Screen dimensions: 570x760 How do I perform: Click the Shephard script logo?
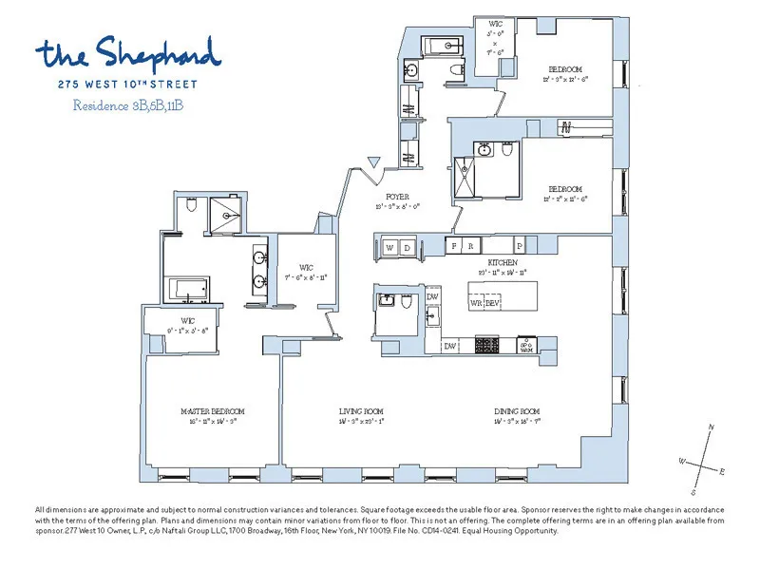(x=128, y=53)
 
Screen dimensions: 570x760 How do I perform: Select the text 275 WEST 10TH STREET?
(x=127, y=82)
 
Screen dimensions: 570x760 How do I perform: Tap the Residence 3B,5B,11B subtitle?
(x=127, y=105)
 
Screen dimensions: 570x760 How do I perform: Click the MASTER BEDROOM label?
(x=213, y=411)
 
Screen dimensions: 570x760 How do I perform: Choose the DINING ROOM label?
(x=517, y=411)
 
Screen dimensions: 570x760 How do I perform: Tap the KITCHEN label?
(x=503, y=261)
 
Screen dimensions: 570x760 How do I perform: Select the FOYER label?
(x=397, y=197)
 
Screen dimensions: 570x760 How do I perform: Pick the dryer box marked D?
(x=407, y=247)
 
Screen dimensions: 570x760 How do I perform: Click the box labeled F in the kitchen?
(x=454, y=245)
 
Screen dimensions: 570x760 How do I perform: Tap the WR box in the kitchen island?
(x=476, y=302)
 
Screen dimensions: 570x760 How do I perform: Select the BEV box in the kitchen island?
(x=492, y=302)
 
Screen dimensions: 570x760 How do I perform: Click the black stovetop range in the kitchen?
(x=487, y=346)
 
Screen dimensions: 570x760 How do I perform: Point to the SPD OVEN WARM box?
(x=525, y=346)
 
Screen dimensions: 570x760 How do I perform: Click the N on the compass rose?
(x=711, y=428)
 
